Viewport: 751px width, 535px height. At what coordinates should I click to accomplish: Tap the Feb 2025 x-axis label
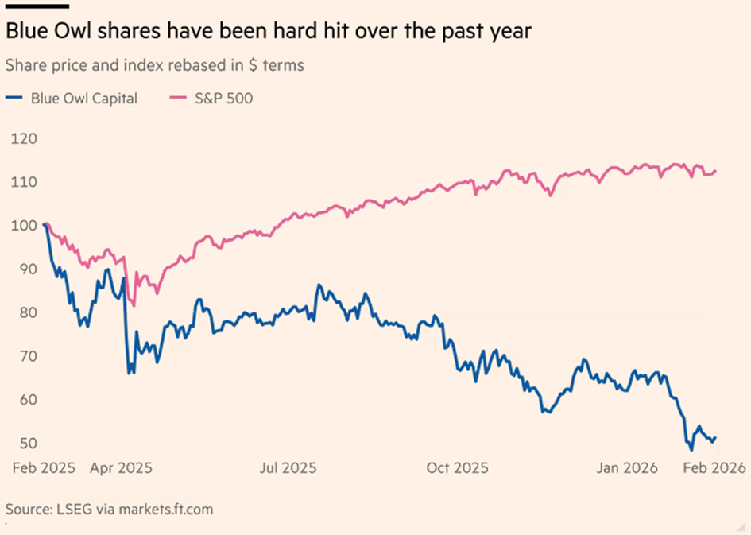click(45, 468)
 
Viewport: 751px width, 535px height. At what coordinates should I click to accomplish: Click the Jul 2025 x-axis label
click(288, 468)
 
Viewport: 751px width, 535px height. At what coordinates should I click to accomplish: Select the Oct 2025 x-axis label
click(457, 468)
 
